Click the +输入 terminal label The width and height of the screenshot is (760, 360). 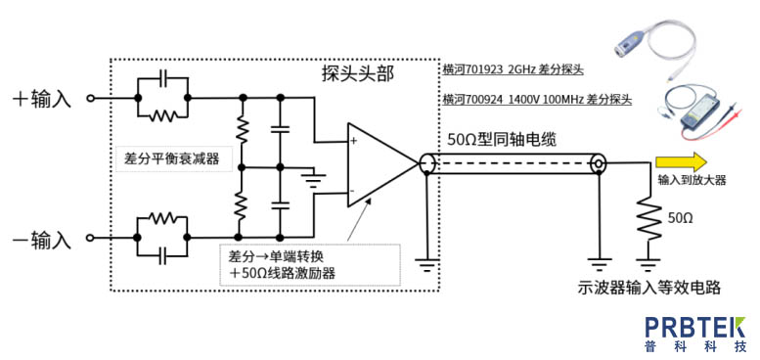44,100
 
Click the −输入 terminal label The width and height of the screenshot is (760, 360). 44,240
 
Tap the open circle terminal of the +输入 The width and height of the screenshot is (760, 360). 90,99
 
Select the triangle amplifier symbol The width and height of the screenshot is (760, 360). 382,164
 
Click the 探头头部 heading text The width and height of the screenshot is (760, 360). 358,73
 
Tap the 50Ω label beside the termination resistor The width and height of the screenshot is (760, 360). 681,218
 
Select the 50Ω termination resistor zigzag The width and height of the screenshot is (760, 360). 649,218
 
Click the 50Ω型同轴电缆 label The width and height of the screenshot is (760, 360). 500,140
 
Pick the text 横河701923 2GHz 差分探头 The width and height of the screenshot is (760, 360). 513,69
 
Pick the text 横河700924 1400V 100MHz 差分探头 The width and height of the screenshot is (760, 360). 537,101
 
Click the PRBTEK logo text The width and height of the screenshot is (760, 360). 695,327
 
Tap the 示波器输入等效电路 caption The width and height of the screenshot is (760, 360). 649,288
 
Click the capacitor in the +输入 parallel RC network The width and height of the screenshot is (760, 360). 162,77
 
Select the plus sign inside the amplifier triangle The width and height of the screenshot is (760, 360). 354,141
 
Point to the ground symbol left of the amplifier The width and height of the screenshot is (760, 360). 313,179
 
